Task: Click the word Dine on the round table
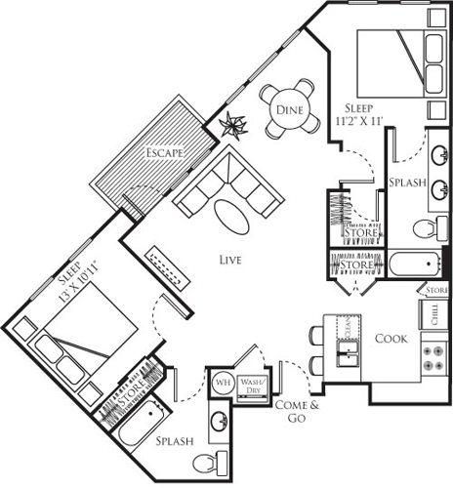[x=288, y=111]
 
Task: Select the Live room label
[x=230, y=260]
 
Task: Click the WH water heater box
[x=221, y=382]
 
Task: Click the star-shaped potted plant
[x=234, y=125]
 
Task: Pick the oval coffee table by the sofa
[x=232, y=216]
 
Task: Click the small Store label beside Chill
[x=436, y=291]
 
